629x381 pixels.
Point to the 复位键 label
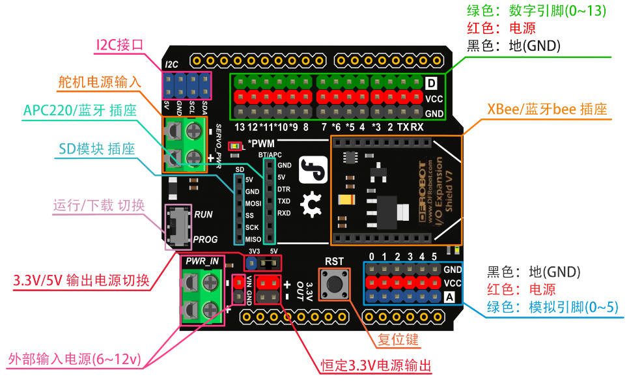(x=398, y=340)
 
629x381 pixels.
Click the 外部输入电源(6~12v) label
(x=75, y=360)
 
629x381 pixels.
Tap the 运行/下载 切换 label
(x=99, y=206)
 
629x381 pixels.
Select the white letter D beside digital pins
(x=431, y=83)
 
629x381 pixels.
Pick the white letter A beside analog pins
(x=449, y=297)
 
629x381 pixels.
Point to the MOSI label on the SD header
(x=253, y=203)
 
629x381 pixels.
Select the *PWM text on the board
(x=261, y=143)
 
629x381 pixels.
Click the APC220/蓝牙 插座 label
(x=80, y=111)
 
